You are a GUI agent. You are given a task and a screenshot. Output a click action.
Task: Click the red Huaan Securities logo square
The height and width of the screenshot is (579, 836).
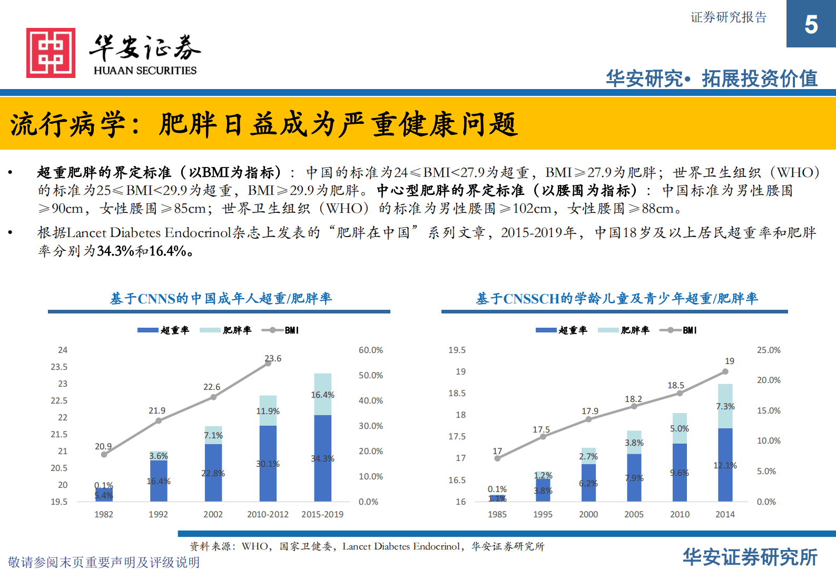coord(51,53)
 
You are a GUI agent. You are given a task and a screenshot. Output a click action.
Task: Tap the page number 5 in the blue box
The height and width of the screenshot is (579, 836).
coord(811,25)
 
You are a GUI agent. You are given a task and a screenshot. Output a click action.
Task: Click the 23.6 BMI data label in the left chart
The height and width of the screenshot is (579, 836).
coord(273,358)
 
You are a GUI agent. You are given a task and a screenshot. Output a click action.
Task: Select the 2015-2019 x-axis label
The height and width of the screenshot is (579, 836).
coord(322,514)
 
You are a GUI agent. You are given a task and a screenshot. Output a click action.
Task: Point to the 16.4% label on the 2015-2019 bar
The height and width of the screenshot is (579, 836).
coord(322,395)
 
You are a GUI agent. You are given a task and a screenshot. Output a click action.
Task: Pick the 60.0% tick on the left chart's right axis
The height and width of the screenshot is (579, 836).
coord(370,350)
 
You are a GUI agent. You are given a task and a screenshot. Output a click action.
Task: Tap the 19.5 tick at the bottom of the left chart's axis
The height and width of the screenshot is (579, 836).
coord(59,502)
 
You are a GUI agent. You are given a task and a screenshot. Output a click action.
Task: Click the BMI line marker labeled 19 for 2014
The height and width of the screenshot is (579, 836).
coord(725,371)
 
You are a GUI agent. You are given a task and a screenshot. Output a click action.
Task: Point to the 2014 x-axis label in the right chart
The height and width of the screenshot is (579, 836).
coord(725,514)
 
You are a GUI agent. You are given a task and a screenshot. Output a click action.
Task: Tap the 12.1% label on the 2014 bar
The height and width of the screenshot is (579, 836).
coord(725,465)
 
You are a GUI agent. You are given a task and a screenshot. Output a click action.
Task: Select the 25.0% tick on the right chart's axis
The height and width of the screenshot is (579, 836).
coord(769,350)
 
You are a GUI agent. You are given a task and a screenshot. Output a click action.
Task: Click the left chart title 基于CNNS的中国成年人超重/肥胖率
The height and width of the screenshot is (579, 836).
coord(221,299)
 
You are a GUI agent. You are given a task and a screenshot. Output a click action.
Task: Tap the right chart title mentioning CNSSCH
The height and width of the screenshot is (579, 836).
coord(617,299)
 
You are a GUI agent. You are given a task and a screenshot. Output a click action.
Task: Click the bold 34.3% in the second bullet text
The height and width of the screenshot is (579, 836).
coord(115,251)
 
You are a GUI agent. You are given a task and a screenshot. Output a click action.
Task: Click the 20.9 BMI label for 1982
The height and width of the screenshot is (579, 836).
coord(103,446)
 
